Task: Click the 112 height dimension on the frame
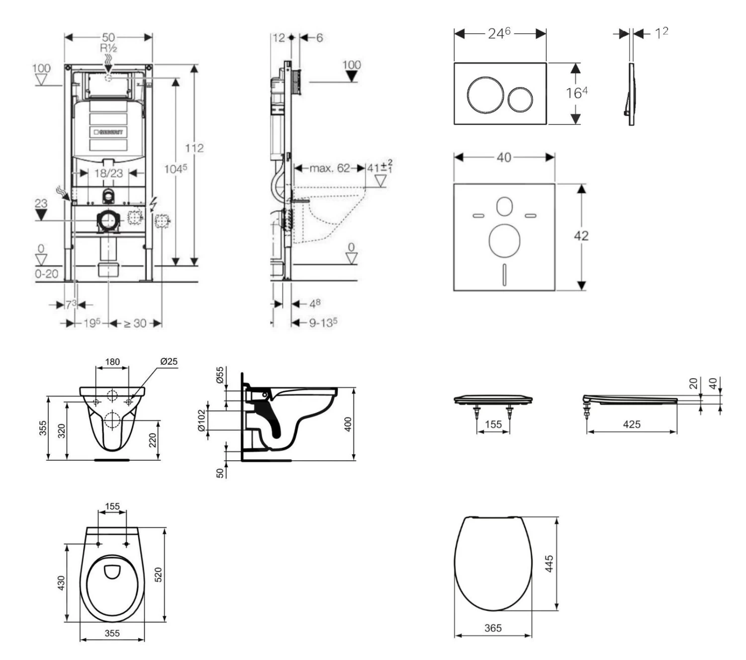[x=194, y=148]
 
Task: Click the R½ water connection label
[x=108, y=48]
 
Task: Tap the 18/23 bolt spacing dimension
[x=108, y=173]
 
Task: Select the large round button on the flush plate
[x=480, y=93]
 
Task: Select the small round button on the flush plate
[x=519, y=98]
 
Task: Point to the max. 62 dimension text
[x=330, y=168]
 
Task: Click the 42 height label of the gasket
[x=581, y=236]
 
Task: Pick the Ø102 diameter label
[x=201, y=420]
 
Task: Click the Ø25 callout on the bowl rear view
[x=169, y=362]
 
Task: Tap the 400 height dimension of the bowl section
[x=348, y=424]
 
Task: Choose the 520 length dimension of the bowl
[x=159, y=575]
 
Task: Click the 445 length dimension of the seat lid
[x=549, y=564]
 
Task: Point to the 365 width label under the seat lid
[x=493, y=628]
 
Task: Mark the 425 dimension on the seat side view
[x=632, y=424]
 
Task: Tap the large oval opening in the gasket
[x=504, y=241]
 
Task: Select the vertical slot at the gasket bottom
[x=504, y=274]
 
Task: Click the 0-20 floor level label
[x=47, y=274]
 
